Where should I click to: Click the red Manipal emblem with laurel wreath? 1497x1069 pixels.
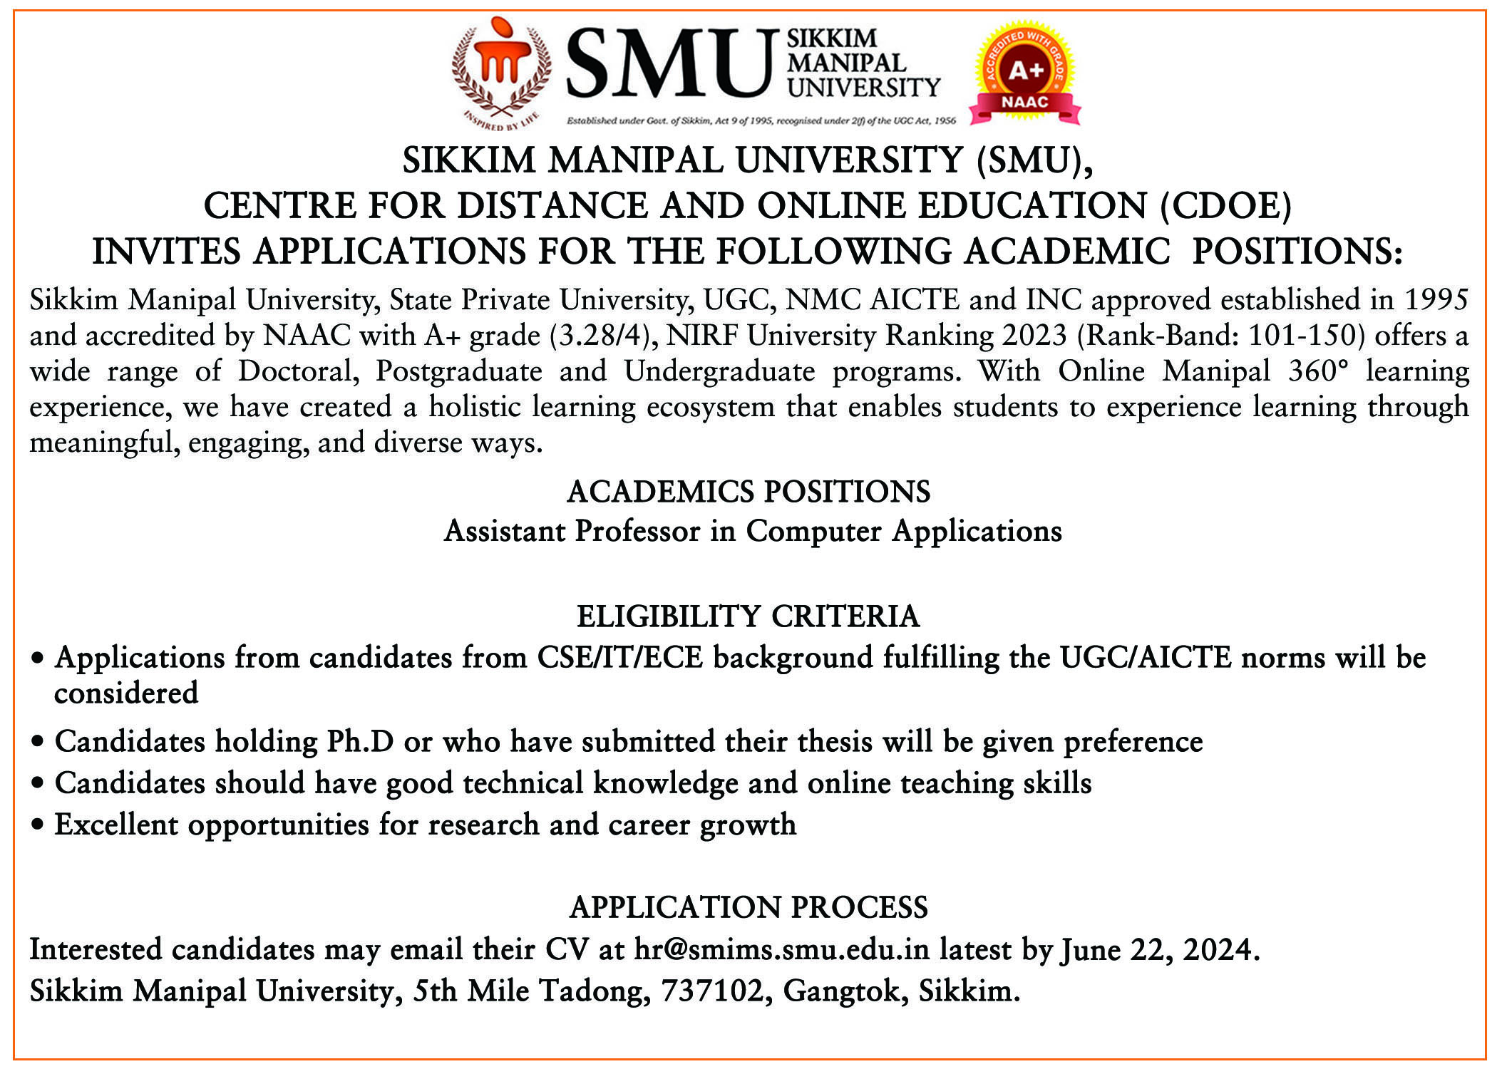[x=501, y=71]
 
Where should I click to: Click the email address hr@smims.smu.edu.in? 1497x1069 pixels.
[x=782, y=950]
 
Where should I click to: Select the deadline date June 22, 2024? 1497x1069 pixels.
[x=1158, y=950]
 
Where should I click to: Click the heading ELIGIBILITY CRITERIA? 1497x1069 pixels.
[x=748, y=616]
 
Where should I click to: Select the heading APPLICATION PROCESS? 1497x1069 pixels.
[x=748, y=907]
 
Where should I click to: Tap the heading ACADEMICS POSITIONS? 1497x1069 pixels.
[x=748, y=492]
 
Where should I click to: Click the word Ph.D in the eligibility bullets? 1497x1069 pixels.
[x=360, y=742]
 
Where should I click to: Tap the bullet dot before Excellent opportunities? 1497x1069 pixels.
[x=39, y=826]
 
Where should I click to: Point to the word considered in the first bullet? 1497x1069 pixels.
[x=126, y=693]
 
